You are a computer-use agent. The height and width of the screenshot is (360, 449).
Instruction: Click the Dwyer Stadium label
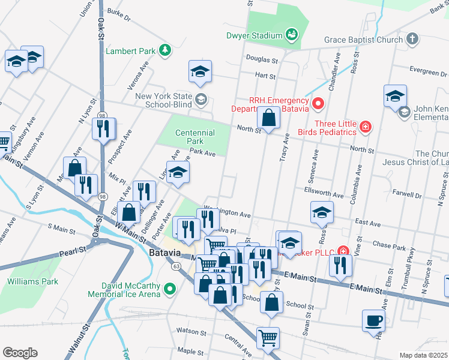pos(255,35)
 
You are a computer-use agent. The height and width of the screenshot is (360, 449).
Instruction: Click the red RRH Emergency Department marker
pos(318,104)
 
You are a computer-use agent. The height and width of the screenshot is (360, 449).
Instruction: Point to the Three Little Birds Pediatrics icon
pos(365,127)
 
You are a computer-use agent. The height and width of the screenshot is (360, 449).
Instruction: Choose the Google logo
pos(20,353)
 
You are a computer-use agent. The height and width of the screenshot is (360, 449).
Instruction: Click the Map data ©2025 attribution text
pos(423,355)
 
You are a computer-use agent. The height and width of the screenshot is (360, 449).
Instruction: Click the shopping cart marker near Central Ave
pos(268,337)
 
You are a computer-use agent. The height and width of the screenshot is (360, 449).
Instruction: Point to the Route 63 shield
pos(176,265)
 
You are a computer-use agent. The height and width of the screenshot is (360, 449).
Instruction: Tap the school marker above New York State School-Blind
pos(200,72)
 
